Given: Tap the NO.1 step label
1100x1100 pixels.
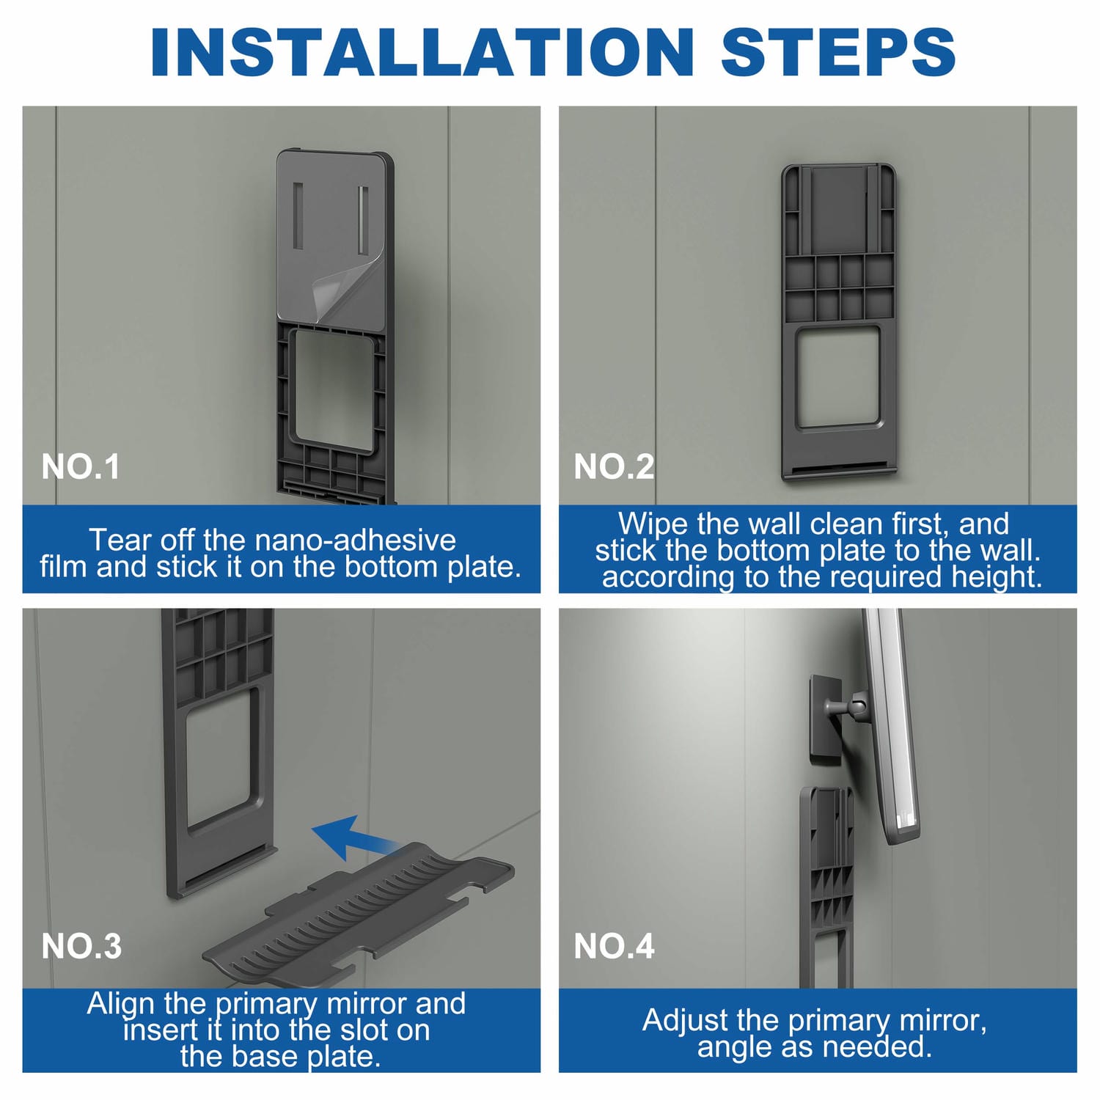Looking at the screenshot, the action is pyautogui.click(x=81, y=467).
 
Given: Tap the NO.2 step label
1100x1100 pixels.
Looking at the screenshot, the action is pyautogui.click(x=614, y=467).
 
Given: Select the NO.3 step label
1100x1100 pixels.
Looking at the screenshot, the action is pyautogui.click(x=81, y=946).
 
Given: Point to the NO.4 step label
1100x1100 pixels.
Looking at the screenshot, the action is pyautogui.click(x=614, y=946).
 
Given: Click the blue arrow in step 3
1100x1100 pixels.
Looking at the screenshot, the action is pyautogui.click(x=355, y=837).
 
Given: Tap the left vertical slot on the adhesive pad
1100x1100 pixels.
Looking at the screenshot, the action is pyautogui.click(x=298, y=216).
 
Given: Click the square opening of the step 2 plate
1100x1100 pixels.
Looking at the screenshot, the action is pyautogui.click(x=838, y=377).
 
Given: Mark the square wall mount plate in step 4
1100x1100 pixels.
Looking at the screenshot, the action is pyautogui.click(x=825, y=718).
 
